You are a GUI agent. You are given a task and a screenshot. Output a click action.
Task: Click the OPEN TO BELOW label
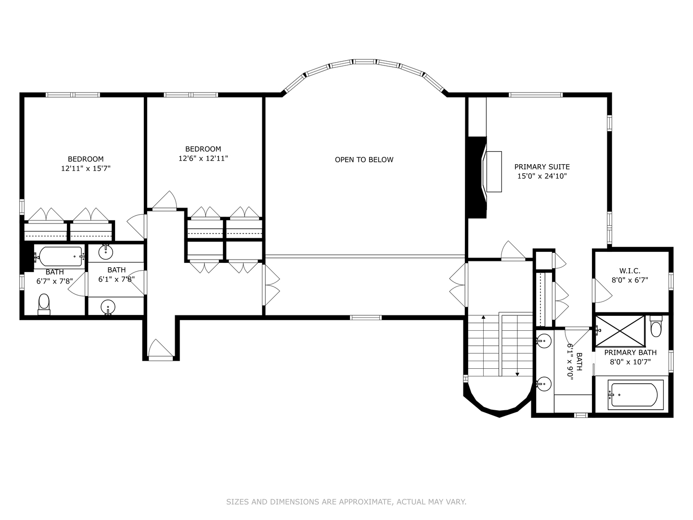pyautogui.click(x=364, y=160)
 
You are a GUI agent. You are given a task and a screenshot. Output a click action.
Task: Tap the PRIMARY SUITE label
pyautogui.click(x=542, y=167)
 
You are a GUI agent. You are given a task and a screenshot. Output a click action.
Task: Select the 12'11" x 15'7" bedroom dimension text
pyautogui.click(x=86, y=169)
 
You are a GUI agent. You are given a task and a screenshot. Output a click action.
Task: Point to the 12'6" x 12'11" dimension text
pyautogui.click(x=203, y=158)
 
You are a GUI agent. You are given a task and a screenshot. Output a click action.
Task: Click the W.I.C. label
pyautogui.click(x=629, y=271)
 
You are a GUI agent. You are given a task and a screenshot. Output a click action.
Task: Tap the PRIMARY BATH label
pyautogui.click(x=630, y=352)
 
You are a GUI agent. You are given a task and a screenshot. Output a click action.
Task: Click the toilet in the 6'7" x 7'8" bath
pyautogui.click(x=44, y=304)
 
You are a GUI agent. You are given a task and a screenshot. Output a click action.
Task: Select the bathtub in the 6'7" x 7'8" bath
pyautogui.click(x=59, y=256)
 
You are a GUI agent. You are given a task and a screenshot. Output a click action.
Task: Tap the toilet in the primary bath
pyautogui.click(x=656, y=326)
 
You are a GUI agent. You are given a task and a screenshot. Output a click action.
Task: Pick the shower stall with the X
pyautogui.click(x=620, y=331)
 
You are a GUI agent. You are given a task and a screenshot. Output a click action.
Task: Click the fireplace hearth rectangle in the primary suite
pyautogui.click(x=494, y=171)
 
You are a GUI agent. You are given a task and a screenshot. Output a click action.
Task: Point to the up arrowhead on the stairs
pyautogui.click(x=483, y=317)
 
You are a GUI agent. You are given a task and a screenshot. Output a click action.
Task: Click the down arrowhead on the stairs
pyautogui.click(x=517, y=374)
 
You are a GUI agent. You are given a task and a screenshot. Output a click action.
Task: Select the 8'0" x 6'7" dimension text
pyautogui.click(x=630, y=280)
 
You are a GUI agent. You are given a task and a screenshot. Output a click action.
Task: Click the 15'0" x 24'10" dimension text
pyautogui.click(x=542, y=176)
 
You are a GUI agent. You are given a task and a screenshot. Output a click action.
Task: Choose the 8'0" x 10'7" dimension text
pyautogui.click(x=630, y=362)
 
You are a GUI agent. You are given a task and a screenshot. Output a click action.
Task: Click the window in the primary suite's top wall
pyautogui.click(x=536, y=95)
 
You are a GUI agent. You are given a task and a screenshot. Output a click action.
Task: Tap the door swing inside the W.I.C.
pyautogui.click(x=603, y=291)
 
